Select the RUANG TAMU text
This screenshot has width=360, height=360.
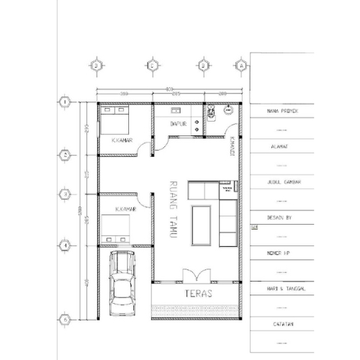coord(173,209)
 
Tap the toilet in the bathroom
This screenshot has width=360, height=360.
coord(211,112)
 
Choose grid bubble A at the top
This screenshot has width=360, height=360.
coord(242,66)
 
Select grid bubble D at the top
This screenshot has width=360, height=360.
coord(96,66)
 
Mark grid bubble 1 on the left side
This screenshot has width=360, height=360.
coord(66,102)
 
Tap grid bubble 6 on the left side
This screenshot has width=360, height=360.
coord(66,319)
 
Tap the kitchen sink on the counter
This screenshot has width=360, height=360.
coord(175,111)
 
